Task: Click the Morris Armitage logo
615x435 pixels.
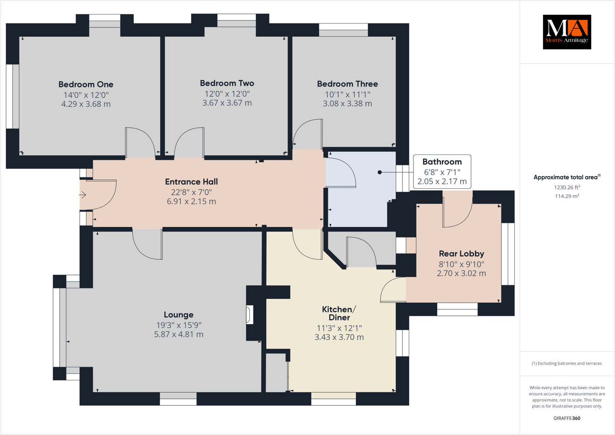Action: [567, 32]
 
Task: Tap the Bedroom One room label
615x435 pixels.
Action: [86, 84]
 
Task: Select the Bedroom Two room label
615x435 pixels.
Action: [227, 83]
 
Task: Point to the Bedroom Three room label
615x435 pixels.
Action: [347, 84]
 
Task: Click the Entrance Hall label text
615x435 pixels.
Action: [191, 182]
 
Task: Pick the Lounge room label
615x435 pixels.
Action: [178, 315]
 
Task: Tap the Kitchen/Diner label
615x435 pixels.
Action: [339, 314]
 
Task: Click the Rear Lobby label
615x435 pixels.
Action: [461, 253]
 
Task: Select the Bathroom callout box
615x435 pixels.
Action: [442, 171]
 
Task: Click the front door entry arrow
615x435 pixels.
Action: [82, 195]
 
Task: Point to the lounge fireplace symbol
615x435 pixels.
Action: [250, 314]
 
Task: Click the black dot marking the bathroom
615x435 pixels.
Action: [379, 172]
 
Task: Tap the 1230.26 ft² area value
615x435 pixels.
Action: [567, 187]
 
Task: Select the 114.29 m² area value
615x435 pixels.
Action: [567, 196]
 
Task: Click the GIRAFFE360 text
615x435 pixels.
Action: [567, 418]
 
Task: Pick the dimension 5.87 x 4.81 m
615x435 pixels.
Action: [178, 335]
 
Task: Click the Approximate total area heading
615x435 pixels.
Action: [566, 177]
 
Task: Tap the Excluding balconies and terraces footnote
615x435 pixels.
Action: [566, 363]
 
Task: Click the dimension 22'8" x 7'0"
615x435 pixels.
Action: [191, 193]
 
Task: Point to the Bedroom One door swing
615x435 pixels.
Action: [140, 142]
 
